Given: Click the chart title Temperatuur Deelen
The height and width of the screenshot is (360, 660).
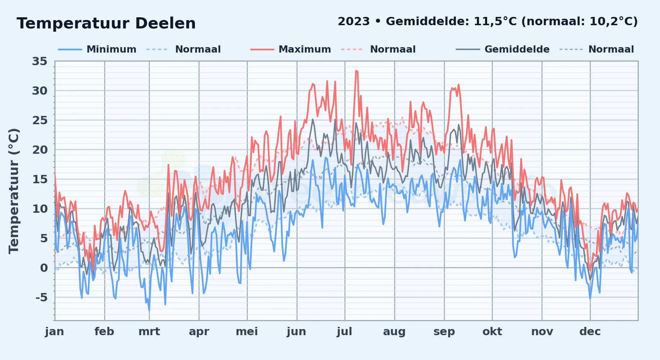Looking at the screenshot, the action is tap(106, 23).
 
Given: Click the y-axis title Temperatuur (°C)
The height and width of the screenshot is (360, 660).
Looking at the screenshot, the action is tap(14, 191).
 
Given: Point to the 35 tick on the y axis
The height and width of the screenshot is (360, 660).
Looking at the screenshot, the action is tap(40, 62).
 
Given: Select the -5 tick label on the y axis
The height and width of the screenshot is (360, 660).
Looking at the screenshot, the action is tap(41, 297).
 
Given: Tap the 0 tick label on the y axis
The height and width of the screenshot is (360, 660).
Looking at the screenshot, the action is tap(44, 268).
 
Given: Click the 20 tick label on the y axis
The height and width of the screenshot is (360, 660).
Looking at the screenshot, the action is tap(40, 150).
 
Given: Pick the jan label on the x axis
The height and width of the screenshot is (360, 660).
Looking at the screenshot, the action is tap(55, 332).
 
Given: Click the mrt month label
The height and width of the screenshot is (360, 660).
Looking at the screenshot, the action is tap(149, 332).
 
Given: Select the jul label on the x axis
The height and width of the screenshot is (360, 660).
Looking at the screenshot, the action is tap(344, 332).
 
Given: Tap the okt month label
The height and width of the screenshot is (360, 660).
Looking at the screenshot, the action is tap(492, 332).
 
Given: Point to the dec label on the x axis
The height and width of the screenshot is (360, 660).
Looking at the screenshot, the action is tap(590, 332).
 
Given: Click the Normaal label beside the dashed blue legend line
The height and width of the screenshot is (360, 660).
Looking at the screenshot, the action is tap(198, 49).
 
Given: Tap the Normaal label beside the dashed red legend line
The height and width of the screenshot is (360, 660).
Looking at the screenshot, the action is tap(393, 49).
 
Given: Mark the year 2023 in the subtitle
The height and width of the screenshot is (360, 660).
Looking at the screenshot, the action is tap(354, 22).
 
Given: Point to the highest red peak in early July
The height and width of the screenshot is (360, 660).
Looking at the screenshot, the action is tap(356, 71).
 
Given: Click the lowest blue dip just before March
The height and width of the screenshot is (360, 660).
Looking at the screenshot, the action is tap(149, 310).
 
